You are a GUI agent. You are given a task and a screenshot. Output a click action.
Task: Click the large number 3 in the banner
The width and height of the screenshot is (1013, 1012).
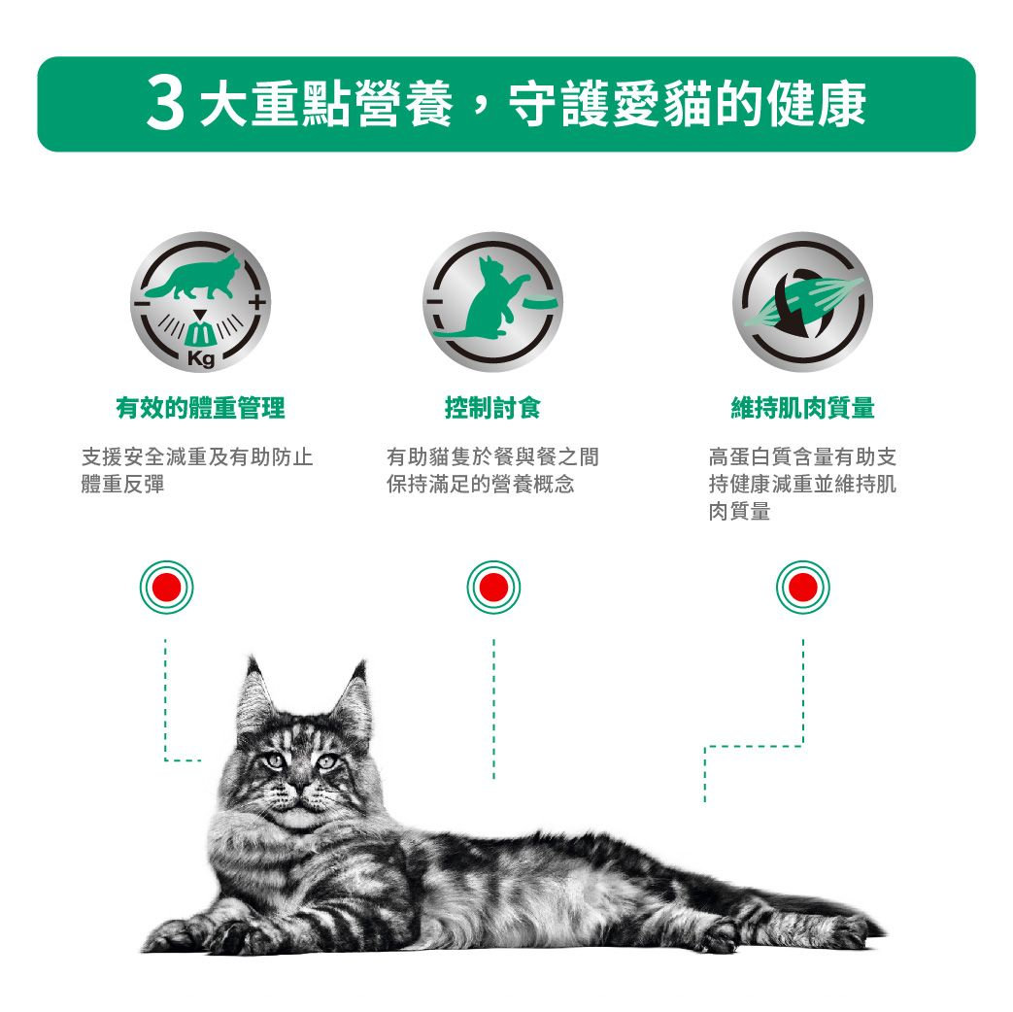[166, 105]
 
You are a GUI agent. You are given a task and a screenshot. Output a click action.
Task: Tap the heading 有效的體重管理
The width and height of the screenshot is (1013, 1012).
[200, 408]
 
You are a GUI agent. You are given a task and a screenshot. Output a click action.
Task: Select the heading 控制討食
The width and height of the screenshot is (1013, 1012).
[492, 408]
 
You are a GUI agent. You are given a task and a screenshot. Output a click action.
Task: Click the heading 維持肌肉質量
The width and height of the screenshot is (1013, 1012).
[802, 408]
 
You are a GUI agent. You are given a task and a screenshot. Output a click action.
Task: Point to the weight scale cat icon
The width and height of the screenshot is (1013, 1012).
[201, 301]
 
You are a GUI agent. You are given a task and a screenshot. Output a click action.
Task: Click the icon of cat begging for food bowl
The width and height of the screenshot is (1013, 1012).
[492, 301]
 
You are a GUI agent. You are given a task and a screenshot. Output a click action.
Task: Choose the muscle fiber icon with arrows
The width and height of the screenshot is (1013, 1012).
[802, 301]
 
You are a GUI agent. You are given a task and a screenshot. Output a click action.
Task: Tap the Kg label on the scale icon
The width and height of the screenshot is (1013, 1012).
[201, 361]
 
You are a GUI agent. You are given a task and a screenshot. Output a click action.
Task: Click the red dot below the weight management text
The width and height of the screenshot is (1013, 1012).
[166, 588]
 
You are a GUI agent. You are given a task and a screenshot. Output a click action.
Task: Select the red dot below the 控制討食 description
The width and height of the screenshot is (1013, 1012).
[492, 588]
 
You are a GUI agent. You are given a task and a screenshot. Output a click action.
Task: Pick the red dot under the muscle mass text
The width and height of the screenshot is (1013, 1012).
[802, 588]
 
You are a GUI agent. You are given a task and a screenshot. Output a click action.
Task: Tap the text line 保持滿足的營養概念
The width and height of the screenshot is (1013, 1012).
[480, 484]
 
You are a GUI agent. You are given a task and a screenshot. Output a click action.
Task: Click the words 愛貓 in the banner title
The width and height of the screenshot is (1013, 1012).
[653, 105]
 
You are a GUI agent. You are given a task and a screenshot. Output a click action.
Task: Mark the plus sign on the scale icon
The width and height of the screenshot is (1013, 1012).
[256, 304]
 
